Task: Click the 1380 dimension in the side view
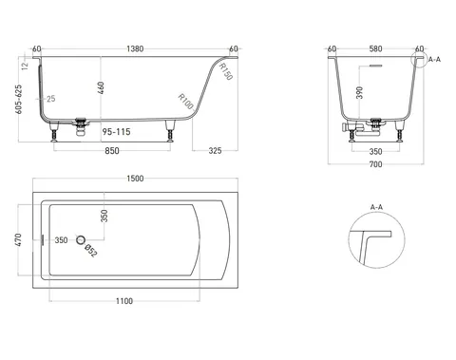[135, 48]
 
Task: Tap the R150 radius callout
[226, 71]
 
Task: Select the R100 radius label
[186, 102]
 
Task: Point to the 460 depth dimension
[101, 89]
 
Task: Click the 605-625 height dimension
[19, 99]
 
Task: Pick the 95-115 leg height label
[116, 132]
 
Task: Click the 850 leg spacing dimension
[112, 151]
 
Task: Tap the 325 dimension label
[215, 151]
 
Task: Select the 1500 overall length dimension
[135, 179]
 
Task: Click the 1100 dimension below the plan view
[124, 301]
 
